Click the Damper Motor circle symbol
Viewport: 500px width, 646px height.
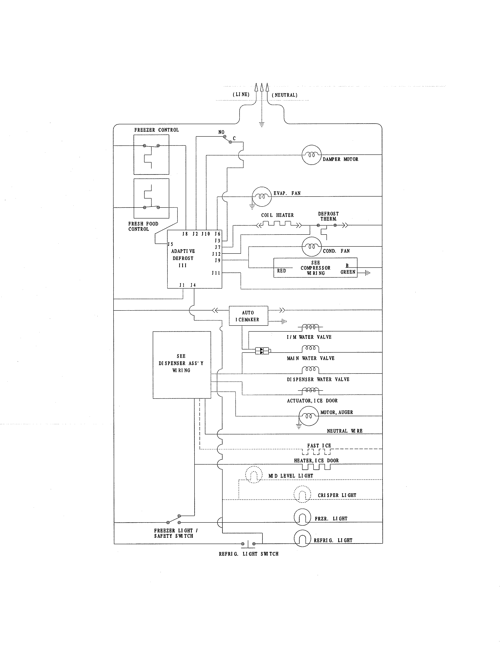[311, 155]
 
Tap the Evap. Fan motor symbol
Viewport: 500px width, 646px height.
[262, 196]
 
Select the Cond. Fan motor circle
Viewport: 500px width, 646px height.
[311, 246]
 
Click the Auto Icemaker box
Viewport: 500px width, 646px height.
[248, 316]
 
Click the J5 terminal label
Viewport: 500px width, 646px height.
[170, 244]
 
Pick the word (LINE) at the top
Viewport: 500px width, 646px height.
[241, 95]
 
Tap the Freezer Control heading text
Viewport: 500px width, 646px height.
[156, 130]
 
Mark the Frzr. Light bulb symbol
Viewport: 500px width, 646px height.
[302, 517]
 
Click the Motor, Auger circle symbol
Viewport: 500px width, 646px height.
[308, 416]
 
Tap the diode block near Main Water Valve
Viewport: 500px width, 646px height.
[262, 351]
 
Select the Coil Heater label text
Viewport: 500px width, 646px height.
[277, 215]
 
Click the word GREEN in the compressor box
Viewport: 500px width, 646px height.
[348, 272]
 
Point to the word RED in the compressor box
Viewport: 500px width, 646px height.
[281, 271]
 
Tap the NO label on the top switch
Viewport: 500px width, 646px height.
[221, 132]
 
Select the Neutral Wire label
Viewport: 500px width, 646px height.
[345, 431]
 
